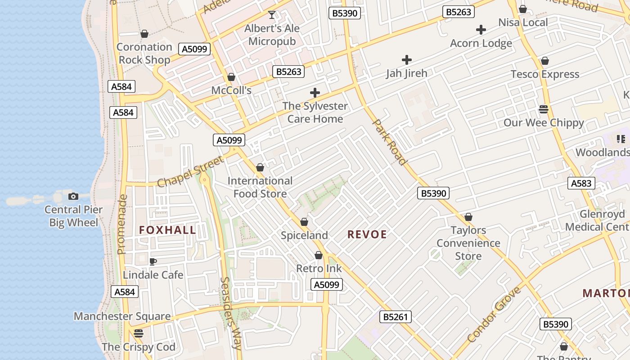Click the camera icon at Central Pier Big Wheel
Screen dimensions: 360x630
coord(73,196)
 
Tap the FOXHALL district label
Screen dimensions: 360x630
coord(167,230)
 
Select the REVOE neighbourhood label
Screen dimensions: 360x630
coord(367,234)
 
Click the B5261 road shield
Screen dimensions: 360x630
coord(395,317)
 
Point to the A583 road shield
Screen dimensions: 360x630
coord(581,183)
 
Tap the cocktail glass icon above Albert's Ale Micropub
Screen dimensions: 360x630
coord(272,15)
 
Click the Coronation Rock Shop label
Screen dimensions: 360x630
coord(144,53)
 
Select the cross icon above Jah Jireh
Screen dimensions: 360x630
coord(407,59)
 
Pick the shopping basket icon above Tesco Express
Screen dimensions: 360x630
coord(545,61)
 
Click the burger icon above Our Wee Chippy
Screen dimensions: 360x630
coord(544,109)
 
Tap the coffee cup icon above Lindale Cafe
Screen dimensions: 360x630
coord(153,261)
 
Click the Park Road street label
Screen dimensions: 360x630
coord(390,142)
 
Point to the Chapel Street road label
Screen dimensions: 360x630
coord(191,171)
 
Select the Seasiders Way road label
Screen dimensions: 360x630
coord(231,313)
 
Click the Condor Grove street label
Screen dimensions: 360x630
coord(494,314)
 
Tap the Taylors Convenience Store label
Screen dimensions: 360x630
coord(468,243)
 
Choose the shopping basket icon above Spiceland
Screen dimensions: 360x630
coord(304,222)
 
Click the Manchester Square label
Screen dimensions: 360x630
coord(122,316)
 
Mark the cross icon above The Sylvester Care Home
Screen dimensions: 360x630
coord(315,93)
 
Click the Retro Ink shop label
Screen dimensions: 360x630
coord(319,269)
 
